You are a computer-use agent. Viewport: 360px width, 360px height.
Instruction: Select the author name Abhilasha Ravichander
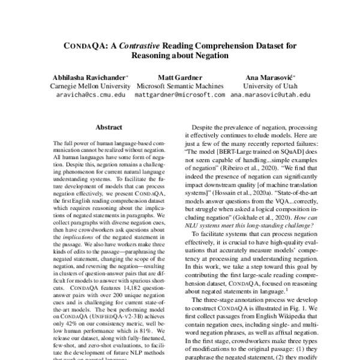[x=89, y=77]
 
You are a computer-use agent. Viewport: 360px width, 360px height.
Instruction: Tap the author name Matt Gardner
[x=179, y=77]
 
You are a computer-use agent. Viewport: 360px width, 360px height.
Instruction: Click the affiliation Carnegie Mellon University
[x=91, y=86]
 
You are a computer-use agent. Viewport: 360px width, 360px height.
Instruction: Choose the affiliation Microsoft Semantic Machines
[x=179, y=86]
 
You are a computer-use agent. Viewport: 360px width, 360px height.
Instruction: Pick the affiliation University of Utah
[x=270, y=86]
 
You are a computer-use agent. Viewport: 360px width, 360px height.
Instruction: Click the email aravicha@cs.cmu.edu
[x=91, y=95]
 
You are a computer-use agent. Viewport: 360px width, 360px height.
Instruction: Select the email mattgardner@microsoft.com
[x=179, y=95]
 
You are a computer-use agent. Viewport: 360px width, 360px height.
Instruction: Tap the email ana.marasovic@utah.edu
[x=270, y=95]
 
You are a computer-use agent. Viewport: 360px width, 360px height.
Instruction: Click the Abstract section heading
[x=109, y=127]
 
